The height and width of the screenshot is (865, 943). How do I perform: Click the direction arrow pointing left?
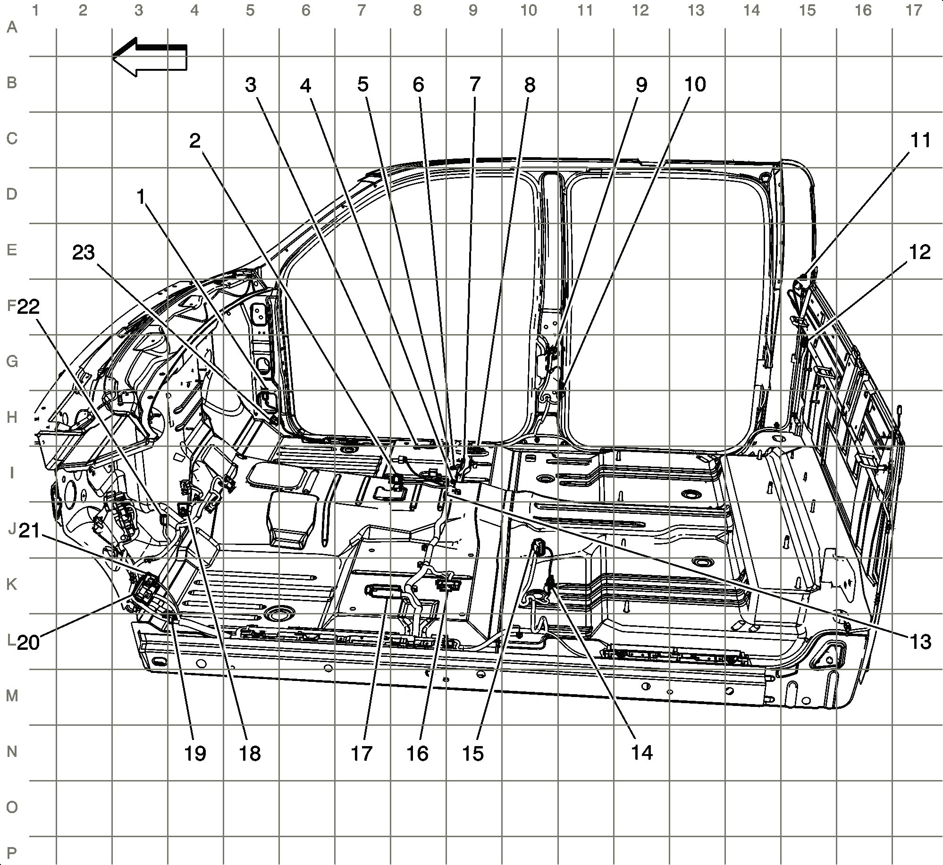150,58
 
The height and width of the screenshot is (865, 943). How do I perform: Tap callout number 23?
84,253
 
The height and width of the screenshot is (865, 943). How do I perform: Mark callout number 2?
195,140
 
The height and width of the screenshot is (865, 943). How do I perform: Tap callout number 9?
641,85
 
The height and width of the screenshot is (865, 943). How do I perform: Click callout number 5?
362,84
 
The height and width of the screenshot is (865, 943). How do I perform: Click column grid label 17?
914,10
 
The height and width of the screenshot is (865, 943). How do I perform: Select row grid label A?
12,27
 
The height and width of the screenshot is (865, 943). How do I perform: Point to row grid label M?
12,695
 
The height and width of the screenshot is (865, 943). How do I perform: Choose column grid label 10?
529,10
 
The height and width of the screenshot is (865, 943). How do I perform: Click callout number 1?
140,197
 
